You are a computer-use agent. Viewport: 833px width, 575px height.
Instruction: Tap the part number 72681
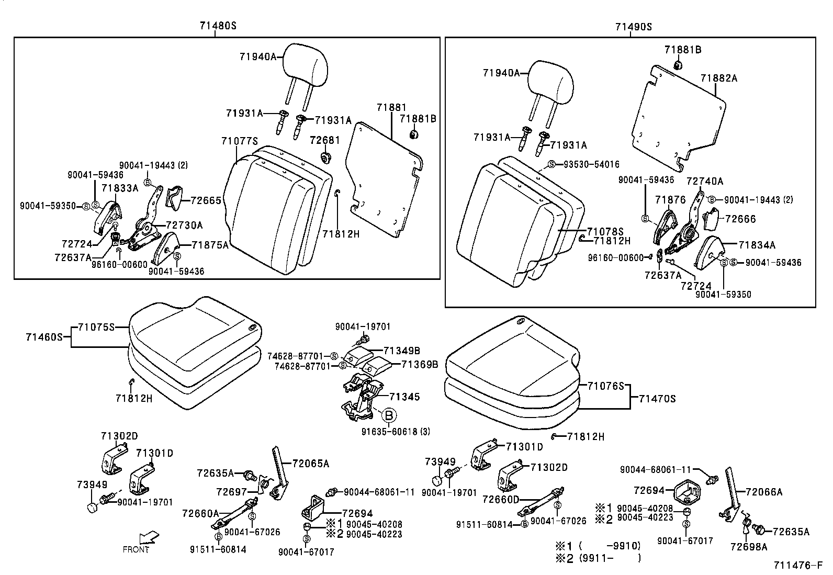click(324, 141)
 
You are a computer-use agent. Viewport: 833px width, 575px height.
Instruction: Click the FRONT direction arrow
click(150, 538)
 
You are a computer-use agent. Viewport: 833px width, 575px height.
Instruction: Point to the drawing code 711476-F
click(799, 566)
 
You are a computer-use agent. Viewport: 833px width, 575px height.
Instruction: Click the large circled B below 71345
click(389, 416)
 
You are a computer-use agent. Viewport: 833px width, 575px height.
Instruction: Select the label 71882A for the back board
click(719, 78)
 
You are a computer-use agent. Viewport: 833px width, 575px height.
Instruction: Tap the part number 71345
click(404, 397)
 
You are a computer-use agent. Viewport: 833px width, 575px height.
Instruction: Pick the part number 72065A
click(311, 464)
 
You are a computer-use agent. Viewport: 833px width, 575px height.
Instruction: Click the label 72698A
click(749, 547)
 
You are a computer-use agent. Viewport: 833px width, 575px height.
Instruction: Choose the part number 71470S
click(657, 399)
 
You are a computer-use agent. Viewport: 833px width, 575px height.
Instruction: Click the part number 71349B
click(402, 350)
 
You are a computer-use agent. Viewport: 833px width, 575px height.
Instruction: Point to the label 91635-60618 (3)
click(396, 432)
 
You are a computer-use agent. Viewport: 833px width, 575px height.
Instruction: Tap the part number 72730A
click(184, 225)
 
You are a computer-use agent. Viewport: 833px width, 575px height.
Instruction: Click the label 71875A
click(210, 244)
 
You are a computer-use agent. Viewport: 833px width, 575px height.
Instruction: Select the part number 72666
click(740, 219)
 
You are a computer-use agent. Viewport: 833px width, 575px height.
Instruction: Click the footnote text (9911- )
click(610, 558)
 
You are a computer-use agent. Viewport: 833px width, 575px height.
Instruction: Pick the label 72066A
click(764, 492)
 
